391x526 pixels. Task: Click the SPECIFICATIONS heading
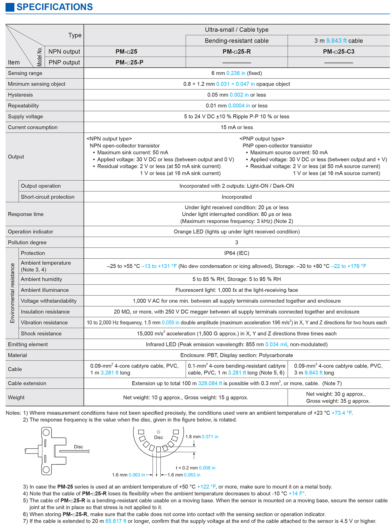click(x=54, y=7)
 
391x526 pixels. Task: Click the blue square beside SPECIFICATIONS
click(x=10, y=7)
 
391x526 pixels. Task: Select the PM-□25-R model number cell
click(x=236, y=52)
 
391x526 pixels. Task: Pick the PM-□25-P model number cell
click(x=129, y=63)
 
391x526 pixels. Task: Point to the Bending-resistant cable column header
click(x=236, y=41)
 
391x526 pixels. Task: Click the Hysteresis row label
click(x=20, y=95)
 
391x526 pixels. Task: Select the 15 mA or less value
click(x=236, y=127)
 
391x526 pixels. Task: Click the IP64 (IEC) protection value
click(x=236, y=253)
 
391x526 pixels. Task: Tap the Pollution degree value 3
click(x=236, y=242)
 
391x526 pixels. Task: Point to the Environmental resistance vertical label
click(x=12, y=293)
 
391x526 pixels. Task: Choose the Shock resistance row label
click(x=41, y=334)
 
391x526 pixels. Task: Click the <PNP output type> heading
click(x=262, y=139)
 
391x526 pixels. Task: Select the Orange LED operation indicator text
click(x=236, y=232)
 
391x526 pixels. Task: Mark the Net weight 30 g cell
click(x=338, y=397)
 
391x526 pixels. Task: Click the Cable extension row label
click(x=27, y=383)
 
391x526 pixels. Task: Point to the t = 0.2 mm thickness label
click(x=195, y=468)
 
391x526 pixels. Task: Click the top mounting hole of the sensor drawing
click(x=46, y=432)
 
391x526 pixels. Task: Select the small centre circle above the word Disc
click(x=158, y=432)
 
